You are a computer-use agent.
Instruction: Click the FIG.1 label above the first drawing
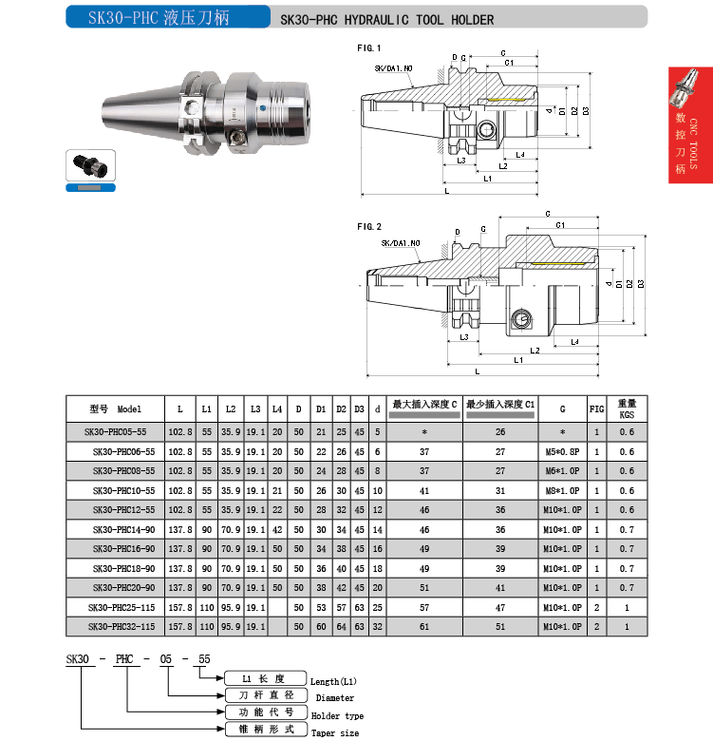(x=369, y=47)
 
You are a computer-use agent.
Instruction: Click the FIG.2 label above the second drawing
(x=369, y=226)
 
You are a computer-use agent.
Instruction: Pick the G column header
(x=562, y=409)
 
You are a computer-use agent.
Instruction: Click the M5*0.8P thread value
(x=562, y=451)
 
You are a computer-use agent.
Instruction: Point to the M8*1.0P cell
(x=562, y=490)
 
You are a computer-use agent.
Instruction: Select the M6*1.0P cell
(x=562, y=471)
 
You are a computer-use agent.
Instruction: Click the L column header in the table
(x=179, y=409)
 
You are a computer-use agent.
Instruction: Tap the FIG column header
(x=596, y=409)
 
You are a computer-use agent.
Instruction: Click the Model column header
(x=117, y=409)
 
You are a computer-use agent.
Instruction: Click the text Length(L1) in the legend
(x=334, y=681)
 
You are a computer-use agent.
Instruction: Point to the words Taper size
(x=335, y=732)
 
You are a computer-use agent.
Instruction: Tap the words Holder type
(x=337, y=715)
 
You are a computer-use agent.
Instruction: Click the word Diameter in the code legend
(x=328, y=698)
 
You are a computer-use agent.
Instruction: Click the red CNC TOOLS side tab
(x=690, y=139)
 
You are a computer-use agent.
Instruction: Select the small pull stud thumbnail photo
(x=91, y=166)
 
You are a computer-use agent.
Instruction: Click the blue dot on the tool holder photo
(x=261, y=109)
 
